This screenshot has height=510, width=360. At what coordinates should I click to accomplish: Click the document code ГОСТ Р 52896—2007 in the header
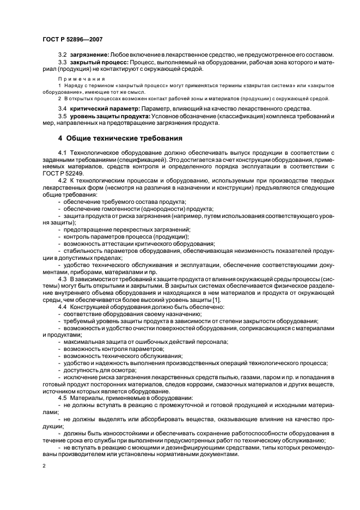coord(72,39)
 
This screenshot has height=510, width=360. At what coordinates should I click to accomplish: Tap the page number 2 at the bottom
coord(44,466)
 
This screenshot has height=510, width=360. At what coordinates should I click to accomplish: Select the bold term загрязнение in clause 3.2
coord(89,56)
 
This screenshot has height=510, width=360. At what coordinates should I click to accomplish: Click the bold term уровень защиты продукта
coord(107,117)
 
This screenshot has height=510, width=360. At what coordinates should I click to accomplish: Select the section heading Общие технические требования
coord(124,138)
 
